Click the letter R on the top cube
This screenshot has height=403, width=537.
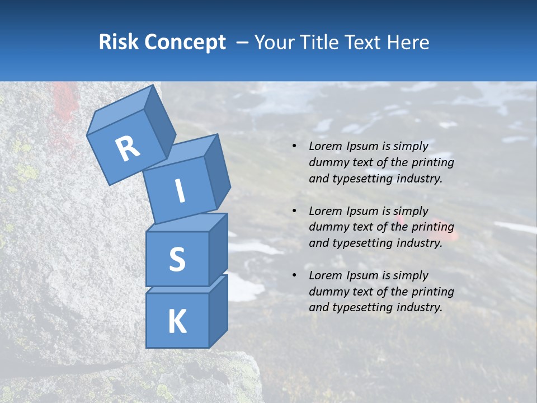128,149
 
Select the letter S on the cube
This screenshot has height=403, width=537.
177,259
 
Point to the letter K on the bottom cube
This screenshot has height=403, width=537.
177,322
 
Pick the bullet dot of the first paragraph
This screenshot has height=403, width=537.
294,146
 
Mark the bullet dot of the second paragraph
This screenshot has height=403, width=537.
294,211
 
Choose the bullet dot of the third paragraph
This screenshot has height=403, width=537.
294,275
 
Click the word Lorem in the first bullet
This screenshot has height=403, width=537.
324,146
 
